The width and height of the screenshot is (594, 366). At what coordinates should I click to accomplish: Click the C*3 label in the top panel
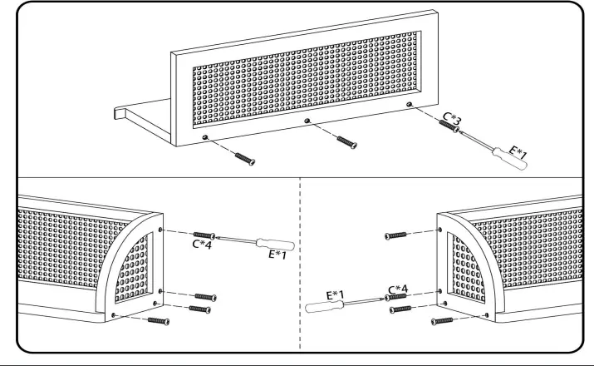coord(452,119)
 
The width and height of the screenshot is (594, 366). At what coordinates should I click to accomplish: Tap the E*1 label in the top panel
coord(518,152)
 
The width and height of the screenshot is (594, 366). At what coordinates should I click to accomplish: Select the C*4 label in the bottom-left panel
coord(202,245)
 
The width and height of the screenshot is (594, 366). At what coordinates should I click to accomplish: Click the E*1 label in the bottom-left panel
coord(277,255)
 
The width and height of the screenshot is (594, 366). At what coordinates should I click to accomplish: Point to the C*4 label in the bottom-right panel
coord(398,289)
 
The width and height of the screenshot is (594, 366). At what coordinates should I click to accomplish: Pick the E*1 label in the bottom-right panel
coord(336,294)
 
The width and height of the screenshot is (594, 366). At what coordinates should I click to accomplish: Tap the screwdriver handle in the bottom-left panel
coord(276,244)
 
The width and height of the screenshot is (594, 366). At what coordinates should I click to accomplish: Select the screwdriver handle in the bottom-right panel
coord(324,306)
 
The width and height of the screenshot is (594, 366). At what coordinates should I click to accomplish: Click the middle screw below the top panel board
coord(347,142)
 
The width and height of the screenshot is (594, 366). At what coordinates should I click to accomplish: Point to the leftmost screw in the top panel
coord(245,159)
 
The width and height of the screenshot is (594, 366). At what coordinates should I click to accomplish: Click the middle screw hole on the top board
coord(307,121)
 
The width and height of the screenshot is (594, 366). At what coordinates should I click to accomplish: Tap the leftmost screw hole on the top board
coord(205,137)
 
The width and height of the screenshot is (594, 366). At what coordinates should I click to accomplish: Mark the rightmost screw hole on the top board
coord(409,104)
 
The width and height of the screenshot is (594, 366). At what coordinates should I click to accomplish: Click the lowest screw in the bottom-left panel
coord(159,321)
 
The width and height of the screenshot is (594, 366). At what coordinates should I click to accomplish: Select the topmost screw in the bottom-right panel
coord(395,235)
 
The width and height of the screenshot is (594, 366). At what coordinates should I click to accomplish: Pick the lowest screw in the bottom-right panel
coord(442,321)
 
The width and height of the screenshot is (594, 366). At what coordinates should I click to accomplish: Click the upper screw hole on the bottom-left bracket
coord(160,230)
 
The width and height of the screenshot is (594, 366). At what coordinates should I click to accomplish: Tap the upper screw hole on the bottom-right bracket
coord(439,230)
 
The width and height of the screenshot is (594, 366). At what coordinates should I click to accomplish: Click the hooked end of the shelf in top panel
coord(119,112)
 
